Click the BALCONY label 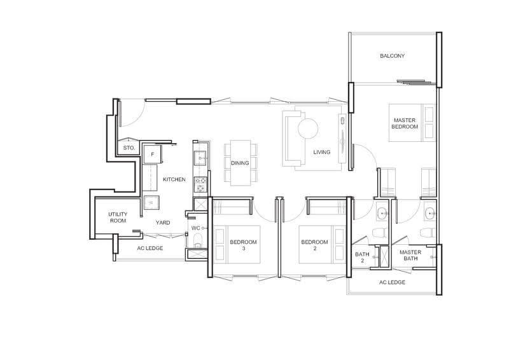tap(392, 56)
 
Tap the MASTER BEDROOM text tap(405, 123)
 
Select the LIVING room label tap(322, 152)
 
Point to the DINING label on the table tap(240, 163)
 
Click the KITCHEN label tap(174, 179)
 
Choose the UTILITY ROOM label tap(118, 218)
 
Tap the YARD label tap(163, 223)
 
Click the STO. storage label tap(129, 148)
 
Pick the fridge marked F tap(153, 155)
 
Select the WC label tap(196, 228)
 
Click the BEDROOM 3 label tap(243, 245)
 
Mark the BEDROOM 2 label tap(314, 245)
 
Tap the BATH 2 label tap(362, 258)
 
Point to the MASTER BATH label tap(410, 255)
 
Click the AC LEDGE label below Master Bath tap(392, 282)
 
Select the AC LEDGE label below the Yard tap(150, 248)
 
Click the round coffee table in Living tap(308, 128)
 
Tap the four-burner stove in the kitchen tap(200, 184)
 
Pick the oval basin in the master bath tap(431, 214)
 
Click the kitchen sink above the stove tap(200, 158)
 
